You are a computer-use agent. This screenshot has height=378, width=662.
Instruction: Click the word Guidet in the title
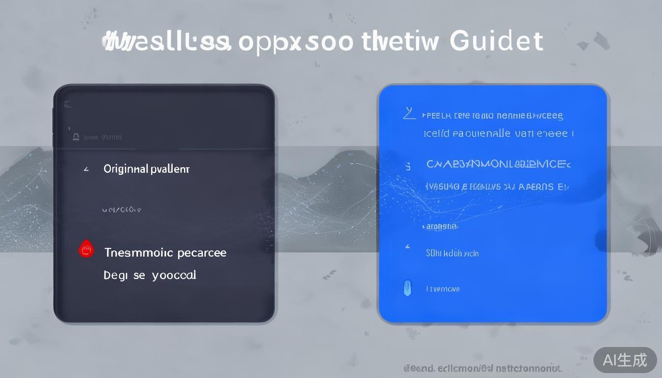pyautogui.click(x=496, y=41)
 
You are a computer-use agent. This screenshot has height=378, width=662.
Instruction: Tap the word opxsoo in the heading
pyautogui.click(x=296, y=42)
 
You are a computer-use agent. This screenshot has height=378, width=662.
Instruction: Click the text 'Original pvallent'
pyautogui.click(x=146, y=169)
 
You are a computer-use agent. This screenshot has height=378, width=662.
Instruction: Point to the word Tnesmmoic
pyautogui.click(x=138, y=252)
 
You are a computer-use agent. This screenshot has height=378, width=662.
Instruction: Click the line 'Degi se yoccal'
pyautogui.click(x=150, y=275)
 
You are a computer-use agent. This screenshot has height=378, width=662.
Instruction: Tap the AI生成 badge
pyautogui.click(x=625, y=360)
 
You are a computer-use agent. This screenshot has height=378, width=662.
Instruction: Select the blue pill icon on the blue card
pyautogui.click(x=407, y=287)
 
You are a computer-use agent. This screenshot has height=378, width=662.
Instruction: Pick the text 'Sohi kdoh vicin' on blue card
pyautogui.click(x=452, y=253)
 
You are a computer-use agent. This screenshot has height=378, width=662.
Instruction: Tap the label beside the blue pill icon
pyautogui.click(x=442, y=289)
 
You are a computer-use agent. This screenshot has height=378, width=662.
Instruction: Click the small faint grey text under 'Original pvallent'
pyautogui.click(x=121, y=210)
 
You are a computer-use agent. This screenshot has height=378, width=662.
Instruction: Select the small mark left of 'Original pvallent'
pyautogui.click(x=86, y=169)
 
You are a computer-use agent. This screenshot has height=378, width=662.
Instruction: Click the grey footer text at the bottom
pyautogui.click(x=482, y=368)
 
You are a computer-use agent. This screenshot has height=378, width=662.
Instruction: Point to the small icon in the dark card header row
pyautogui.click(x=76, y=136)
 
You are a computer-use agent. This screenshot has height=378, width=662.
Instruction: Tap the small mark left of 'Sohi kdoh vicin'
pyautogui.click(x=407, y=246)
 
